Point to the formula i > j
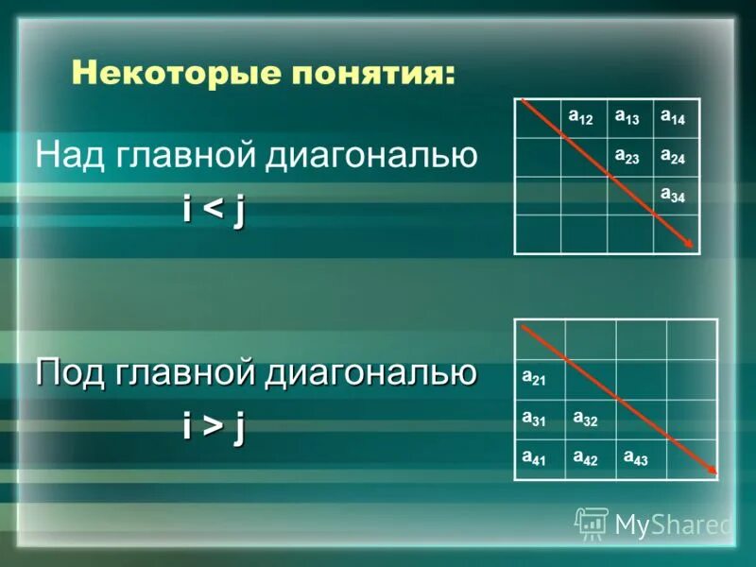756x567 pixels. pos(215,427)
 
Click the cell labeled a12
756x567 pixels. pos(583,118)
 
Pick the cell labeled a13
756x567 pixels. pos(629,118)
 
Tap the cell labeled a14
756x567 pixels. pos(676,118)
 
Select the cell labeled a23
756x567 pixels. pos(629,157)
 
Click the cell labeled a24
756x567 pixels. pos(676,157)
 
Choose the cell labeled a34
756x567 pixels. pos(676,196)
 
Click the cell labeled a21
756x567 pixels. pos(540,380)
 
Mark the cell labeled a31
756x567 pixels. pos(540,420)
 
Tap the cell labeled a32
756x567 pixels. pos(591,420)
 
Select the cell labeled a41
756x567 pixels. pos(540,459)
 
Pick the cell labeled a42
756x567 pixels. pos(591,459)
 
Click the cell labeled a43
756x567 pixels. pos(642,459)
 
